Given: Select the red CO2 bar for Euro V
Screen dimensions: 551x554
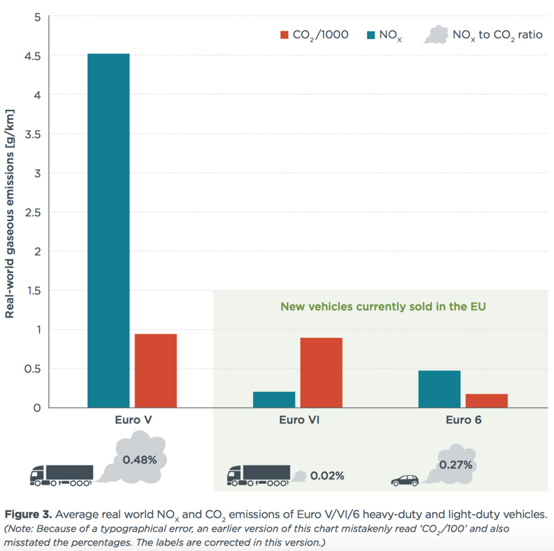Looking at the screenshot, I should click(x=155, y=370).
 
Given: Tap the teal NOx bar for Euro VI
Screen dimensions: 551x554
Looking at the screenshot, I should click(x=274, y=399).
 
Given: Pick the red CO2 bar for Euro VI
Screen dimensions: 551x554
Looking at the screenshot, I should click(x=321, y=372).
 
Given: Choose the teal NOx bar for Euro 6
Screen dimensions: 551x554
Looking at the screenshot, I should click(x=439, y=389).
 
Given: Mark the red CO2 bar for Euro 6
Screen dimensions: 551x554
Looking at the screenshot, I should click(x=487, y=400).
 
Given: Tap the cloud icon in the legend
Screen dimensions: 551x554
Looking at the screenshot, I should click(x=435, y=35).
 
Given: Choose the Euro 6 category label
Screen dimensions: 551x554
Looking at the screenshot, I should click(x=463, y=420).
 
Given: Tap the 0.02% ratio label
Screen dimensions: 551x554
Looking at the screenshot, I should click(x=327, y=476).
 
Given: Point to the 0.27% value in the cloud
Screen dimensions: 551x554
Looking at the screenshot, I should click(x=456, y=466).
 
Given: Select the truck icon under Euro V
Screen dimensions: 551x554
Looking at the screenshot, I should click(x=61, y=475).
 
